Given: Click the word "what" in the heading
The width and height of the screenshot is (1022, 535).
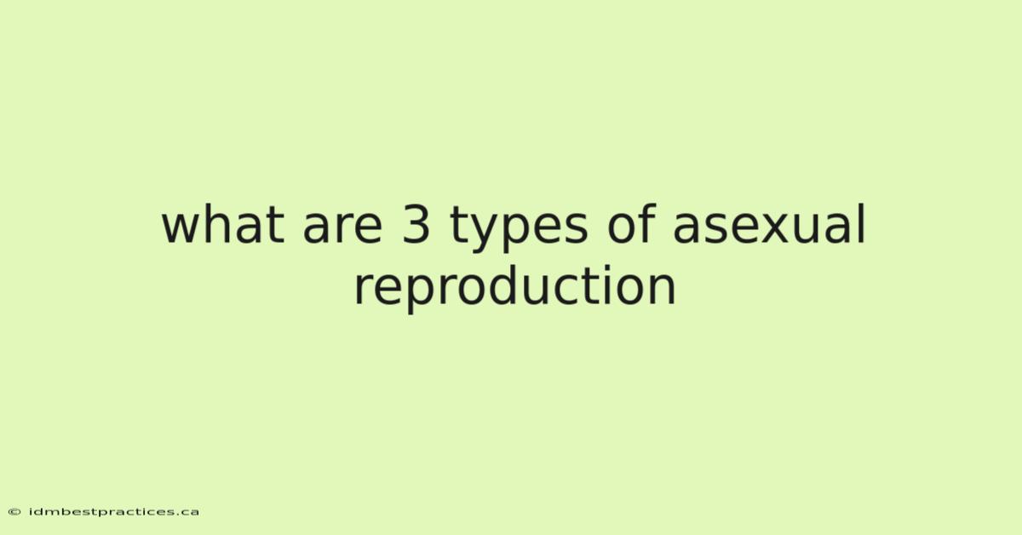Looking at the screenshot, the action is point(223,224).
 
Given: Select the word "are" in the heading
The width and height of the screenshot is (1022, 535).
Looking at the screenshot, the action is point(342,229).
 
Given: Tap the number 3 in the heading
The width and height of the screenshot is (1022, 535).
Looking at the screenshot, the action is point(416,224).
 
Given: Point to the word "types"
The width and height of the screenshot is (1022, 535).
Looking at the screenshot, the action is point(519,228).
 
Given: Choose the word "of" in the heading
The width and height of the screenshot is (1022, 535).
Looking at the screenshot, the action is point(632,224).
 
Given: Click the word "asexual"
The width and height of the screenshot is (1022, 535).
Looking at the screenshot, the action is point(769,224).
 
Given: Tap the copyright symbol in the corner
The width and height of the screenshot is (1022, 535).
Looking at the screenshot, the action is point(14,512).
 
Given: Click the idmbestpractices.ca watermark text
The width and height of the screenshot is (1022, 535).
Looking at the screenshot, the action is point(114,512).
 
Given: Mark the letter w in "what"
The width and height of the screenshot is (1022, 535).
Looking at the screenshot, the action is point(182,229).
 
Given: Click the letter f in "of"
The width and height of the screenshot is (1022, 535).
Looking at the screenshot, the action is point(648,224).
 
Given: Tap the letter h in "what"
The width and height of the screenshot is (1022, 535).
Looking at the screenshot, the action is point(224,224).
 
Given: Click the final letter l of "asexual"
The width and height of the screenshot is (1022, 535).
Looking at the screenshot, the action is point(862,224).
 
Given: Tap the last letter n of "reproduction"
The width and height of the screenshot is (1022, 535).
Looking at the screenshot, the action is point(662,291).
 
